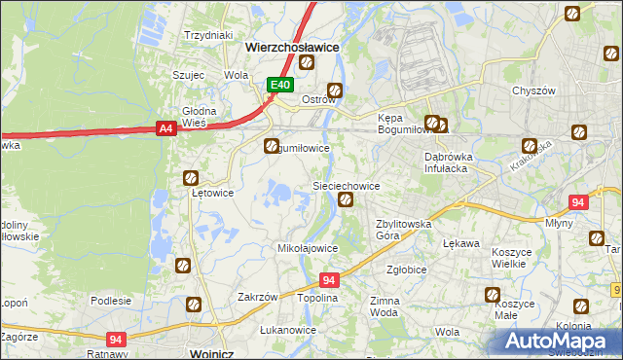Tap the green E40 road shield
click(x=280, y=86)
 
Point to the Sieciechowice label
click(x=345, y=185)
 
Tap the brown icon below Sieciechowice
click(x=345, y=200)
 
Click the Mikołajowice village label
click(x=309, y=248)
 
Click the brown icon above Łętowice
click(x=192, y=178)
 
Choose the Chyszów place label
click(x=533, y=90)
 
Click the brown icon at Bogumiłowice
click(x=272, y=146)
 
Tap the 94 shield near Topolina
click(x=329, y=280)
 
